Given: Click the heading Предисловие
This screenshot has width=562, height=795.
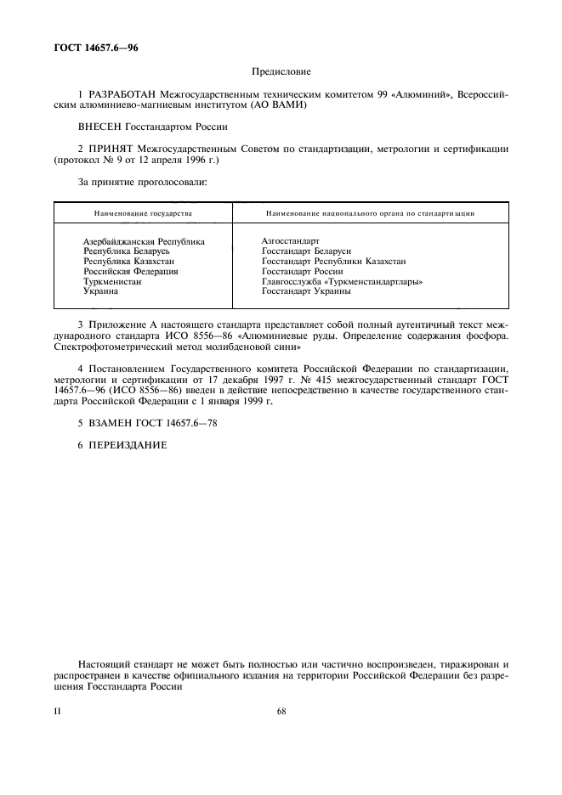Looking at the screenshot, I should [281, 73].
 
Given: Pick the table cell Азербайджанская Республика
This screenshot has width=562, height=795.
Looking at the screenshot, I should [144, 242].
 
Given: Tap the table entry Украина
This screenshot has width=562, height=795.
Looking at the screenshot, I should [101, 290].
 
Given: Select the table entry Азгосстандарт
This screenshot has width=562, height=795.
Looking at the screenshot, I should [290, 242].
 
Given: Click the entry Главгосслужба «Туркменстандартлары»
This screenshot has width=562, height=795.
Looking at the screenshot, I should [342, 281].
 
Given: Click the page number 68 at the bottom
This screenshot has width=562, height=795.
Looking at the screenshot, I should [281, 712].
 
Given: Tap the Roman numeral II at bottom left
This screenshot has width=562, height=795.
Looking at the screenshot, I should [57, 712].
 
